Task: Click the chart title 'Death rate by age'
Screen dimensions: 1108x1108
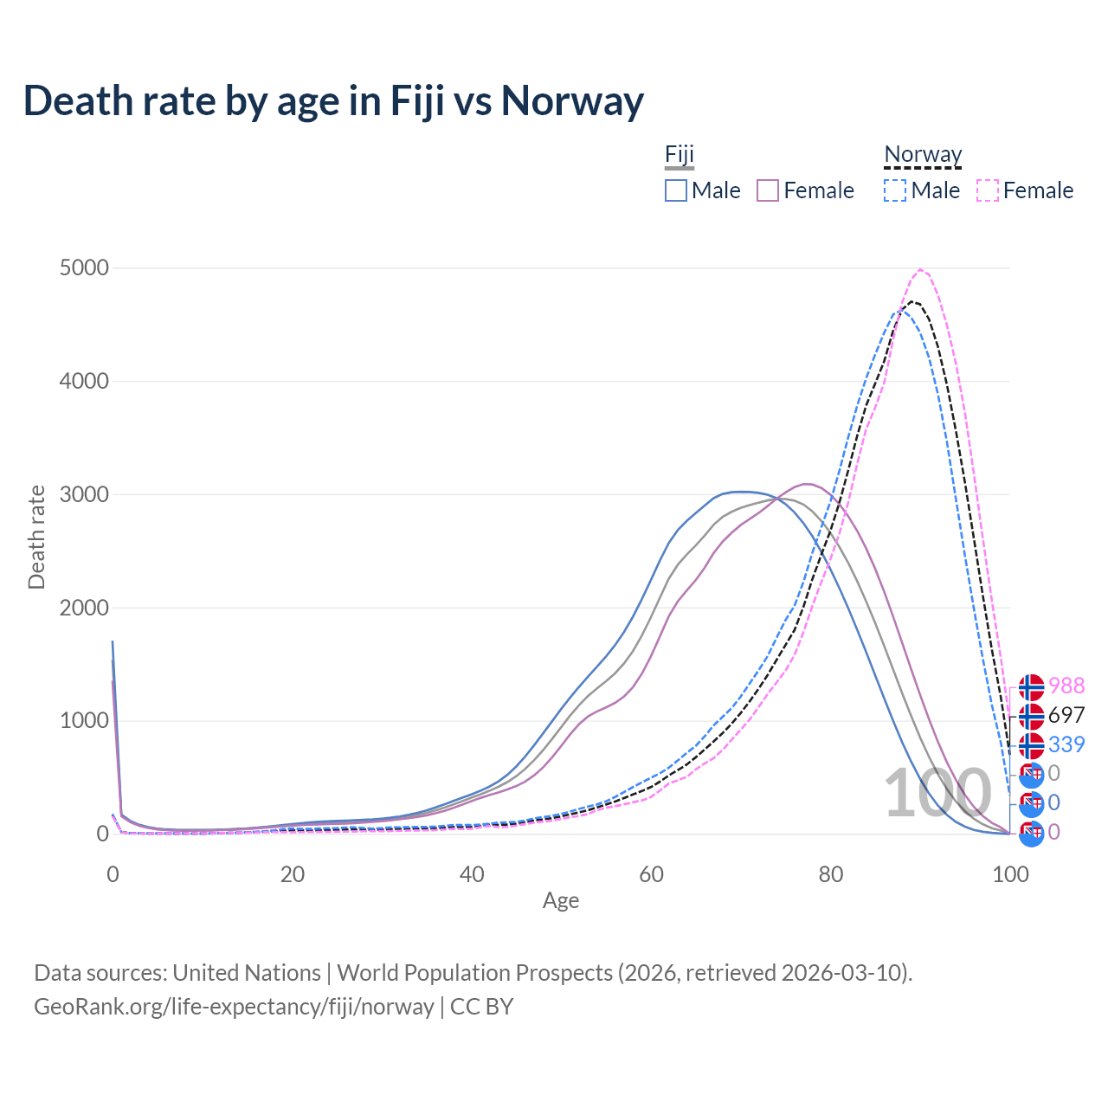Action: pos(333,100)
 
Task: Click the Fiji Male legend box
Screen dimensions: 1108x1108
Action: pos(676,190)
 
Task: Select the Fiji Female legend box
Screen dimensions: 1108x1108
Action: pos(768,190)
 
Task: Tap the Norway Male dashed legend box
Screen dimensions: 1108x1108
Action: pos(895,190)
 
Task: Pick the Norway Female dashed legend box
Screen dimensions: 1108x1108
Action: pos(988,190)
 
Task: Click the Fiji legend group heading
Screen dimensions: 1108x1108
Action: pos(680,155)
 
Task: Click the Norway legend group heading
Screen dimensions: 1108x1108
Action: pos(923,155)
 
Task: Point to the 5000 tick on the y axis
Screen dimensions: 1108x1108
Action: pos(84,268)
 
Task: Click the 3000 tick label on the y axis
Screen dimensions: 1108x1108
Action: pos(84,494)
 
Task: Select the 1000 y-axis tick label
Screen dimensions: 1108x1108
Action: pos(84,721)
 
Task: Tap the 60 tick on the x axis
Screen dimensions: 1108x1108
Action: pos(651,874)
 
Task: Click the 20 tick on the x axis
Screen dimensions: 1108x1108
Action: pos(293,874)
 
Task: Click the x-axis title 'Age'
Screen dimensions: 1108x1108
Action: pos(561,901)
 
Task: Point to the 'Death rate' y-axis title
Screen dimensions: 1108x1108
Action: pos(36,537)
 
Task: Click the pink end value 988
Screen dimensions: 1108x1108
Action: pos(1066,686)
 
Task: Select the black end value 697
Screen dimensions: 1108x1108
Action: pos(1066,715)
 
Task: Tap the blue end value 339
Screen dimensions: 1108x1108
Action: pos(1066,744)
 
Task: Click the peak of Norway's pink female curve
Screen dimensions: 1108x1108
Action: pos(920,269)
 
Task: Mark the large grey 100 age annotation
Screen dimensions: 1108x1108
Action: pos(937,793)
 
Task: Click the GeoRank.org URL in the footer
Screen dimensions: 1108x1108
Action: pos(234,1007)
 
